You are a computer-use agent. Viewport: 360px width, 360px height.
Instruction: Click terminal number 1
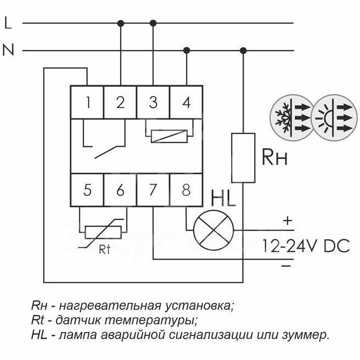[87, 102]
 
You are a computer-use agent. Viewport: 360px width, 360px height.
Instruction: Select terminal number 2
[120, 102]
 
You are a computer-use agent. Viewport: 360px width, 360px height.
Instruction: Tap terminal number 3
[153, 102]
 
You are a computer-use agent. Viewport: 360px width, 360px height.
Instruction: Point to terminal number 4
[187, 102]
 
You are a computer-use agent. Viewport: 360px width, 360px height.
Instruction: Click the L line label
[8, 23]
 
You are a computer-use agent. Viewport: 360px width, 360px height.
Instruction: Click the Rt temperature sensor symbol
[104, 231]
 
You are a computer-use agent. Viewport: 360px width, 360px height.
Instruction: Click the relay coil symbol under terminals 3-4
[170, 134]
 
